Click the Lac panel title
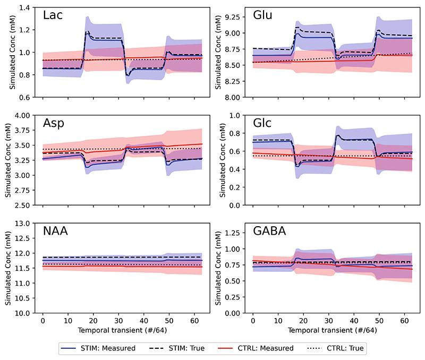53,16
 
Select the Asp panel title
54,125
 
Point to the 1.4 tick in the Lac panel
24,7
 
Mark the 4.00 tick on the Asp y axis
22,115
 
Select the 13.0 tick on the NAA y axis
22,224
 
